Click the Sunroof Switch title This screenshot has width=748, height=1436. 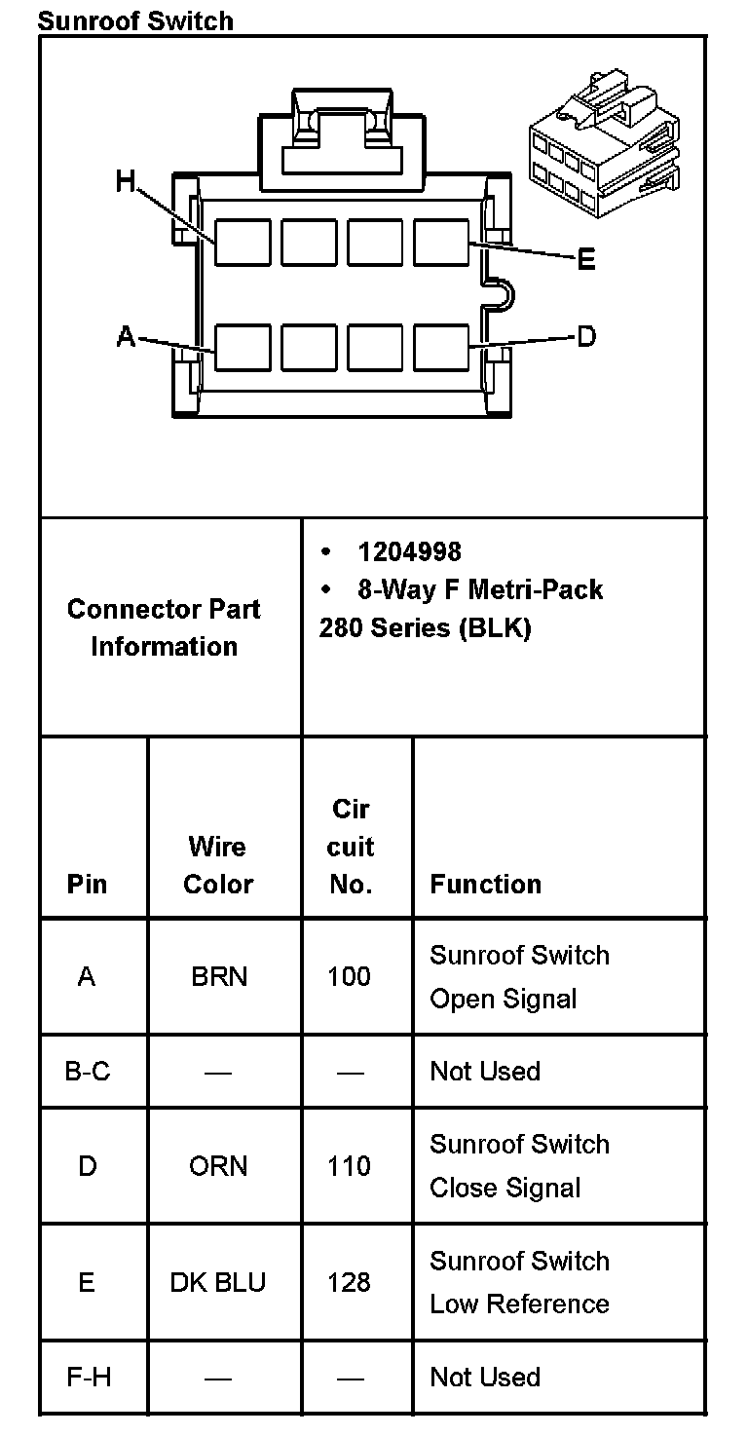pos(135,19)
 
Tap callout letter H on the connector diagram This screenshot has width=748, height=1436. pos(126,181)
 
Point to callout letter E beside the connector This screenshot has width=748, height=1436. pos(586,260)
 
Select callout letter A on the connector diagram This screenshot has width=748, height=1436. pos(126,337)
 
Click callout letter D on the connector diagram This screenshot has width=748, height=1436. pos(586,337)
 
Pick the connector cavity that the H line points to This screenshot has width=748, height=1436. pos(243,242)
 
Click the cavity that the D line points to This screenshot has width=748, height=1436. pos(441,347)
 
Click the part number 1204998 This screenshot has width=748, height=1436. pos(409,552)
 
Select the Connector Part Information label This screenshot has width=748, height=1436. pos(164,627)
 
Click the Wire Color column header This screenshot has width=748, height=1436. pos(218,865)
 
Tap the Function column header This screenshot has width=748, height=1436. pos(485,884)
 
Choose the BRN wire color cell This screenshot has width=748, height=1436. pos(218,976)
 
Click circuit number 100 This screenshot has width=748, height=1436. pos(349,976)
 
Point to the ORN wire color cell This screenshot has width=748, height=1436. pos(218,1166)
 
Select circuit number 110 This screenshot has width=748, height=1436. pos(349,1166)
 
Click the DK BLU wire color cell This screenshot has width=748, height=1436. pos(218,1282)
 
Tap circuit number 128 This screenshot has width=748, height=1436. pos(349,1282)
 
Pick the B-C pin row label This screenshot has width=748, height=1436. pos(88,1072)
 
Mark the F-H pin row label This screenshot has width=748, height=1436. pos(88,1377)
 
